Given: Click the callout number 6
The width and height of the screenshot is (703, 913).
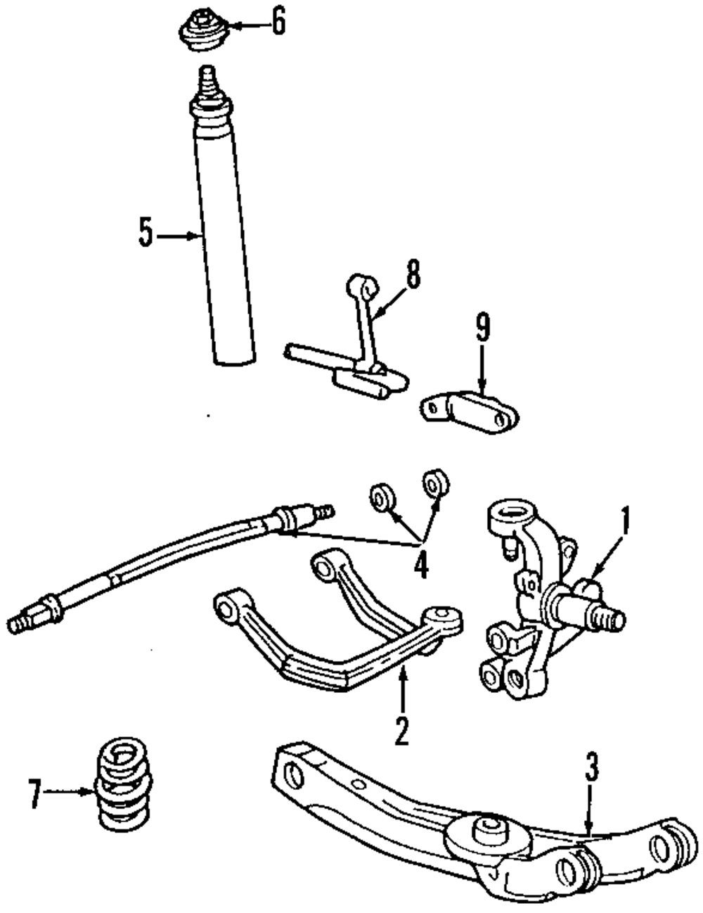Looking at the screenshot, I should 278,23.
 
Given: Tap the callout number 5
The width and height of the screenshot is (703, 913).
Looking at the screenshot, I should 145,234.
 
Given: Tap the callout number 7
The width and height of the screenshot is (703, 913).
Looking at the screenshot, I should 32,793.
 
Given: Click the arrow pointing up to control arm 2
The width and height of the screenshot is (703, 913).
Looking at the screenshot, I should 401,689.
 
